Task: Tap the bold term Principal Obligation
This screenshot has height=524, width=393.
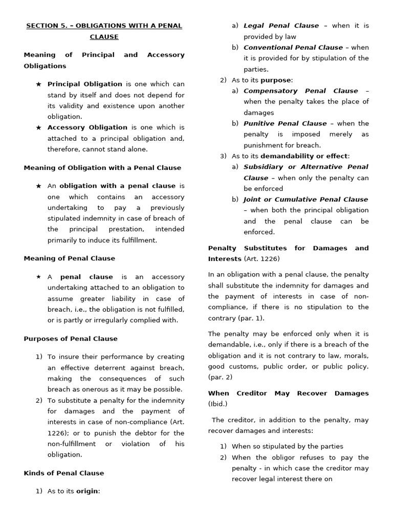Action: [84, 84]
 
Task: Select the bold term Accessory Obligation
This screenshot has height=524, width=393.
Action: [87, 127]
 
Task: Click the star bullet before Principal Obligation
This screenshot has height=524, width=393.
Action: [38, 84]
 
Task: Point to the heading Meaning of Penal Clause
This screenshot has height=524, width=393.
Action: [69, 258]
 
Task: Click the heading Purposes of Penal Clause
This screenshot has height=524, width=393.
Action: [71, 339]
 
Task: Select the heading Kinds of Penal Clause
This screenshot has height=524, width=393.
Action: [63, 473]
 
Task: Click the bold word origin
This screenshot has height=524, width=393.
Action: [87, 491]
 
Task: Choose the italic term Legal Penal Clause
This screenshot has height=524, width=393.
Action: [281, 26]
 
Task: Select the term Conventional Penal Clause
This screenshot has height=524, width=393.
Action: [293, 48]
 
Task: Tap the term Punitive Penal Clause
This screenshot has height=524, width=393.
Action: [285, 123]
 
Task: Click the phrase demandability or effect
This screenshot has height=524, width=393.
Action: [304, 156]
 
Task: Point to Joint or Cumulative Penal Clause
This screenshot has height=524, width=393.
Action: [305, 200]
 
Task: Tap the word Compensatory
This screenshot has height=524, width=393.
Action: [271, 91]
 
